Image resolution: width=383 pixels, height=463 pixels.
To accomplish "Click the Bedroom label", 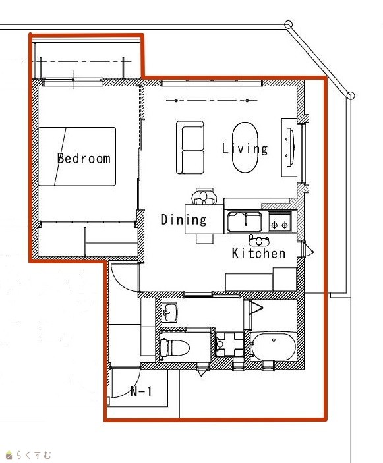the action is [84, 159].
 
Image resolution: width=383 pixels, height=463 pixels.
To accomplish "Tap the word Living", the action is [245, 148].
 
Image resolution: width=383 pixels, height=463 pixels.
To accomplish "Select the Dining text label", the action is [183, 220].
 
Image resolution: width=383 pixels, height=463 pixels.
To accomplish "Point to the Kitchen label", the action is [258, 254].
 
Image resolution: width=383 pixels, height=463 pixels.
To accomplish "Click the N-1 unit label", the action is [141, 392].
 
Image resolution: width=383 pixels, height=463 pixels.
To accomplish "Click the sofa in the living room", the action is [190, 147].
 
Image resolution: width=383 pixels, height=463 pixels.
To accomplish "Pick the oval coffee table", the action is [245, 147].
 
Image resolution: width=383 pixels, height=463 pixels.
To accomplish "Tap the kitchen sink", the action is [245, 222].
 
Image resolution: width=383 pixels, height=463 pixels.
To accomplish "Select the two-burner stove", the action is [280, 221].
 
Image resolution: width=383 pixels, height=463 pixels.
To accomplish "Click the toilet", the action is [174, 348].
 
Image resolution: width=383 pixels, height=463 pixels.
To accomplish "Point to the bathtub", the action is [274, 346].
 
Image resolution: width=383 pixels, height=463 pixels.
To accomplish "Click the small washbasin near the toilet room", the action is [170, 312].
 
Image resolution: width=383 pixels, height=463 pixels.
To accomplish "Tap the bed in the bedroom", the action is [77, 157].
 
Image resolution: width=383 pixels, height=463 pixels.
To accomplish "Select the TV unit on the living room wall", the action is [289, 147].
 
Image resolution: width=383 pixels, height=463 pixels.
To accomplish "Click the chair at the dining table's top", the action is [204, 196].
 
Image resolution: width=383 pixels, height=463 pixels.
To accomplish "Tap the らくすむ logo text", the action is [34, 454].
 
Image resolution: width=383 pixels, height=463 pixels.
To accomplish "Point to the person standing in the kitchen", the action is [259, 240].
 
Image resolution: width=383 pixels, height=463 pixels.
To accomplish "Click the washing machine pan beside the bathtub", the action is [229, 344].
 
